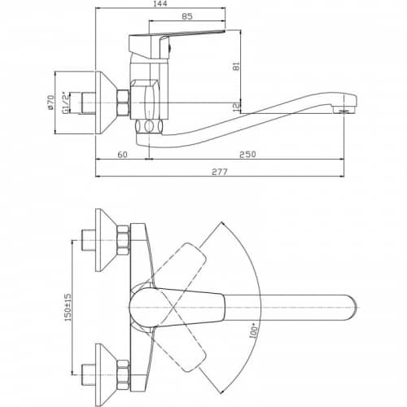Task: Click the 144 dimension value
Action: (160, 3)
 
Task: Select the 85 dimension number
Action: (187, 16)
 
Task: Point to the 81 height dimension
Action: (237, 66)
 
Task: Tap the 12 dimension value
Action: (237, 107)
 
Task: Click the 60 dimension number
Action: (123, 155)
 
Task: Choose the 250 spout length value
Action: (247, 154)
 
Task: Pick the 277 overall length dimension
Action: (220, 172)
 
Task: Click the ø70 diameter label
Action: (50, 103)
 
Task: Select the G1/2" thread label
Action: (65, 103)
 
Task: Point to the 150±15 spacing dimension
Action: (68, 308)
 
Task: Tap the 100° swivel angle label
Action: (254, 330)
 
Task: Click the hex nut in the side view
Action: (123, 103)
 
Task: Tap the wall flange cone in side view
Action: (107, 103)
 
